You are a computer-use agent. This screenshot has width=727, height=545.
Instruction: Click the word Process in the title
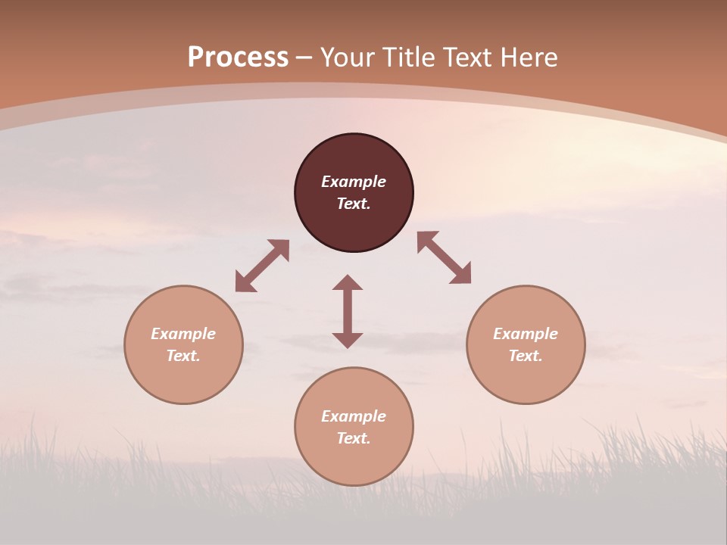pos(238,58)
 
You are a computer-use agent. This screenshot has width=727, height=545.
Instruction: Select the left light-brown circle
pos(183,378)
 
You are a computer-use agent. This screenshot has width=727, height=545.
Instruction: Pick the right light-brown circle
pos(526,378)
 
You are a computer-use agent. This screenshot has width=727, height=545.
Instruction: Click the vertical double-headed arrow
pos(348,311)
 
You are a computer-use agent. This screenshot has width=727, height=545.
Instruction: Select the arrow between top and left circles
pos(262,266)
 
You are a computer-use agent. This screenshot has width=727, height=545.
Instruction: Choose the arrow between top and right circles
pos(445,257)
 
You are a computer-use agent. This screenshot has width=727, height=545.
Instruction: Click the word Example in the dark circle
pos(354,182)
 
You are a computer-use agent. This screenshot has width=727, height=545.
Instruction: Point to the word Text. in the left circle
pos(183,356)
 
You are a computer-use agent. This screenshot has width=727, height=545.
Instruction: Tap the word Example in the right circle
pos(526,334)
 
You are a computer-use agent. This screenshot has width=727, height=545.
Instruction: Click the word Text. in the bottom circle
pos(354,438)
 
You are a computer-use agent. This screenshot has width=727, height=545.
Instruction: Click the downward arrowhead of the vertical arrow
pos(348,340)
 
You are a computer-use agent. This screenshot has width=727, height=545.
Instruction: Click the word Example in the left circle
pos(183,334)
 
